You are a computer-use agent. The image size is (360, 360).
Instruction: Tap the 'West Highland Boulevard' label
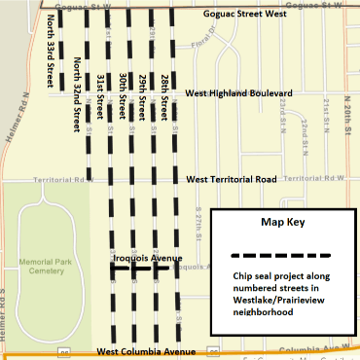pyautogui.click(x=239, y=92)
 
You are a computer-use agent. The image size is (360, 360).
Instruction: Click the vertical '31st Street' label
pyautogui.click(x=101, y=88)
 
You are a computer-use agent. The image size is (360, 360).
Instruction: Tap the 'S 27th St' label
pyautogui.click(x=199, y=224)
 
